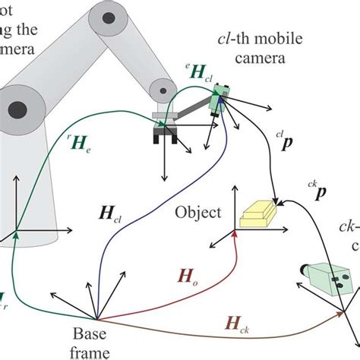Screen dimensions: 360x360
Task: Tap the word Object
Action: pyautogui.click(x=197, y=213)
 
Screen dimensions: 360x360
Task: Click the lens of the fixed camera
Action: pyautogui.click(x=305, y=270)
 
